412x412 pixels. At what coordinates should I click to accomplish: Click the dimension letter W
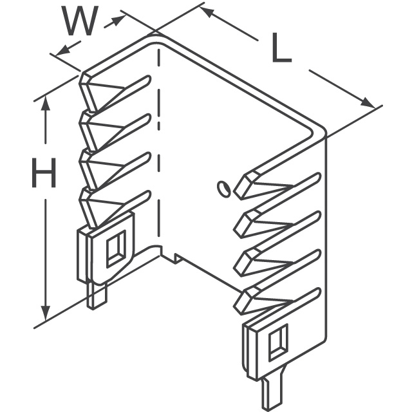[80, 21]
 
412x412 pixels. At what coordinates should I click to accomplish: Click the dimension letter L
[282, 48]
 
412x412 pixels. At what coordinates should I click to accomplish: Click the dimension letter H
[44, 173]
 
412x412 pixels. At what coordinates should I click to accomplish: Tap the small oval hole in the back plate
[223, 189]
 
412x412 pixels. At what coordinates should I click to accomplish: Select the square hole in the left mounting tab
[116, 248]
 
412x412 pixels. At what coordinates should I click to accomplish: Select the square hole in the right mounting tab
[278, 342]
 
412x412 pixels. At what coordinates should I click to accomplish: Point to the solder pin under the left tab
[97, 295]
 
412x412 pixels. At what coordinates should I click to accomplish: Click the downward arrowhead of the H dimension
[46, 313]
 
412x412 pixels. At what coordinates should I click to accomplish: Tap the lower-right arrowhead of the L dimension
[368, 102]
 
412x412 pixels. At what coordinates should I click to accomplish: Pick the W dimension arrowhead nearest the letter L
[118, 20]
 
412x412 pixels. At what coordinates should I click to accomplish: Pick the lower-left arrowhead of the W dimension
[63, 50]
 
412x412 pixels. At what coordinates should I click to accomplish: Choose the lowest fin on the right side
[277, 301]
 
